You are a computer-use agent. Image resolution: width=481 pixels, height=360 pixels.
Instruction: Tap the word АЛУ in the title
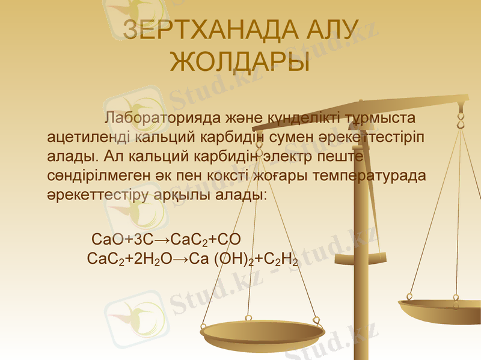(329, 31)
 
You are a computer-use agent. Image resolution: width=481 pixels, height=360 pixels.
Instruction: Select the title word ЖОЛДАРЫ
(240, 62)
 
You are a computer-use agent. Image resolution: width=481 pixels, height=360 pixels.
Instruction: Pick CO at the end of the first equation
(229, 239)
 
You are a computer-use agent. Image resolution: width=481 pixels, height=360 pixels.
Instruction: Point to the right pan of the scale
(441, 309)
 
